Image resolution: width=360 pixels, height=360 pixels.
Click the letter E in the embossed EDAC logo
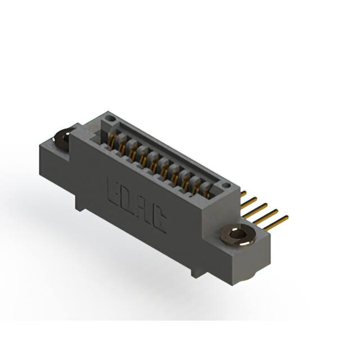(113, 189)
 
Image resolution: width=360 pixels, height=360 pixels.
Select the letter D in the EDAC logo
(128, 198)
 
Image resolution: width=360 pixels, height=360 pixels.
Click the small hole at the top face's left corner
(111, 119)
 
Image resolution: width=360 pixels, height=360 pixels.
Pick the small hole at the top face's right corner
(226, 184)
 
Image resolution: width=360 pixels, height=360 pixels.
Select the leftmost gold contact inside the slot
(112, 141)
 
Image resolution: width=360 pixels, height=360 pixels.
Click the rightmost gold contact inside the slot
(206, 192)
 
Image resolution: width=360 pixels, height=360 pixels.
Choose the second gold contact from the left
(122, 146)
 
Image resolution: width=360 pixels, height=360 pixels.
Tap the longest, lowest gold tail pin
(276, 222)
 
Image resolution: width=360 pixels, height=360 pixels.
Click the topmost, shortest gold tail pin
(243, 194)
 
